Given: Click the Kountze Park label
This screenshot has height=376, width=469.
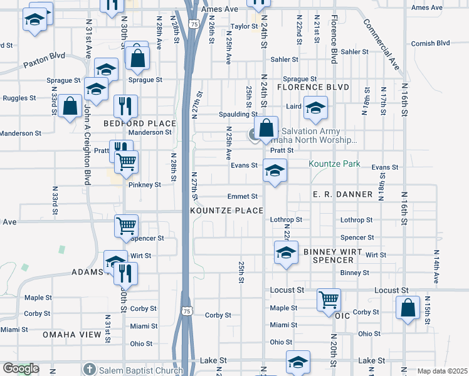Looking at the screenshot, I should point(334,164).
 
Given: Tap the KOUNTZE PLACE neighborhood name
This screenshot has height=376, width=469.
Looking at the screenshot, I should point(226,211).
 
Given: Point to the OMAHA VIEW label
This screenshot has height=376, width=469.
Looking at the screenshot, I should point(71,335).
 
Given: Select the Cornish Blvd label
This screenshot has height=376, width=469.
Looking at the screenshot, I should point(431,43).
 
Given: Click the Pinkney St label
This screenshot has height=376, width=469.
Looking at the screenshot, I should point(145,185).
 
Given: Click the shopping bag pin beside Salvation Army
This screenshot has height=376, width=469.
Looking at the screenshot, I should point(266,129).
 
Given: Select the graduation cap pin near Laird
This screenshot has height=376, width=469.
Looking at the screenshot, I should point(315,108).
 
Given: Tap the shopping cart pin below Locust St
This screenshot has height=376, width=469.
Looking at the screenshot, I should point(329,300).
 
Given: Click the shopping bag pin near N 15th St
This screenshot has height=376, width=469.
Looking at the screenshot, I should point(408,308).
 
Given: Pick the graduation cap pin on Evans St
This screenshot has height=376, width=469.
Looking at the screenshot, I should point(275,170).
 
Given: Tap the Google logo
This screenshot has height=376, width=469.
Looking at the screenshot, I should point(21,369).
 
